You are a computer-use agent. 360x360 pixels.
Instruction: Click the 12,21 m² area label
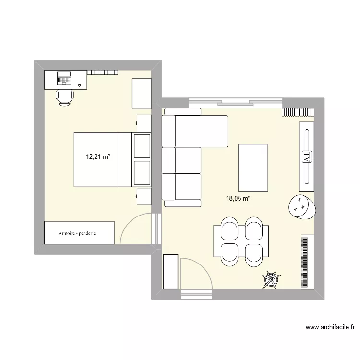pos(98,156)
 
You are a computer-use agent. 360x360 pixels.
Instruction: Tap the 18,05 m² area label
pos(238,198)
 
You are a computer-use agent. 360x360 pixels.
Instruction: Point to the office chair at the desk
pos(64,96)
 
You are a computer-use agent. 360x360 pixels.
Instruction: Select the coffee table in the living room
pos(253,168)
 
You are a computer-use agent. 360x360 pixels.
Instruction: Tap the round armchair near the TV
pos(300,206)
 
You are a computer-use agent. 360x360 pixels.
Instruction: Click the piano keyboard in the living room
pos(307,262)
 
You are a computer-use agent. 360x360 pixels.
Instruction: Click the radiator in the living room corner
pos(298,112)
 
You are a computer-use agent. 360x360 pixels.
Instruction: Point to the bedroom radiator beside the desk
pos(102,72)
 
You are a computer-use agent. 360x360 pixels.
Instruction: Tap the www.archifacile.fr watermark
pos(331,328)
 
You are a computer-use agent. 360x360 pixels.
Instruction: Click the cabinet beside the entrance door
pos(170,272)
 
